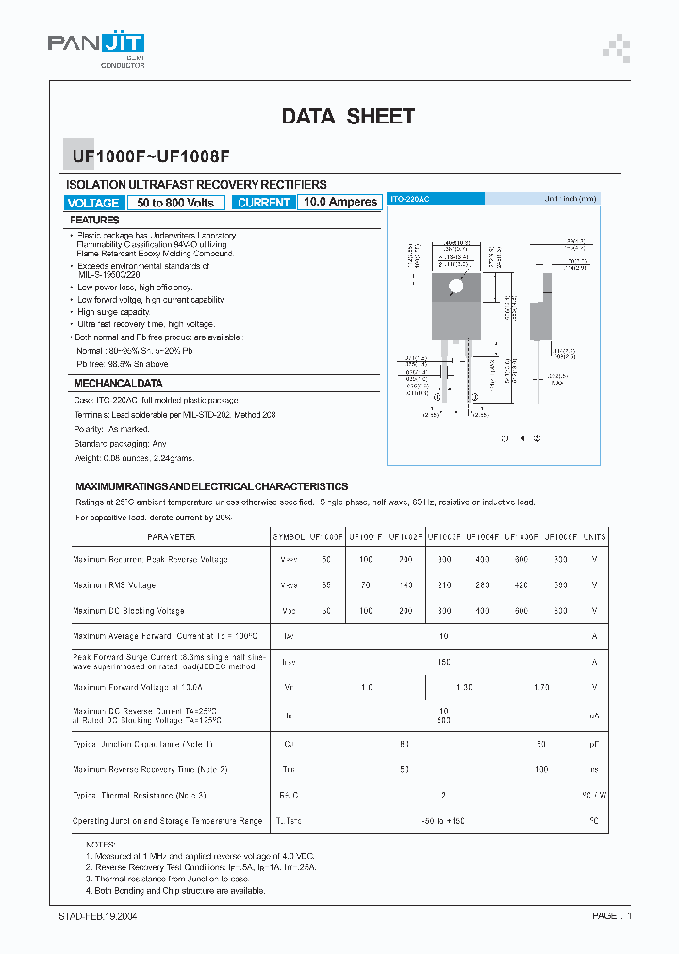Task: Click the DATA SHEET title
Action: [x=348, y=116]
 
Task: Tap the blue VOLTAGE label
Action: [x=93, y=203]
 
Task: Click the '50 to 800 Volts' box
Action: [x=175, y=203]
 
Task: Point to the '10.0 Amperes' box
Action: [x=340, y=202]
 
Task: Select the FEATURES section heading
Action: [x=96, y=220]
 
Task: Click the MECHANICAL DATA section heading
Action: [x=118, y=384]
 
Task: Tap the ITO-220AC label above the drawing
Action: [x=410, y=200]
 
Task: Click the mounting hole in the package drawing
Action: [x=456, y=286]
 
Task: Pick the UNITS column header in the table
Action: [x=595, y=536]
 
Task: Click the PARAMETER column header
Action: [x=171, y=536]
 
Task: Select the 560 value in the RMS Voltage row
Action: [x=561, y=584]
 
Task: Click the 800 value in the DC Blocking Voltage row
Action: [x=561, y=611]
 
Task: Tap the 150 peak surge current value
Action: [x=443, y=662]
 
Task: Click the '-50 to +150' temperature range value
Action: [x=443, y=821]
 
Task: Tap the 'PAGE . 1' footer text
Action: [x=612, y=915]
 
